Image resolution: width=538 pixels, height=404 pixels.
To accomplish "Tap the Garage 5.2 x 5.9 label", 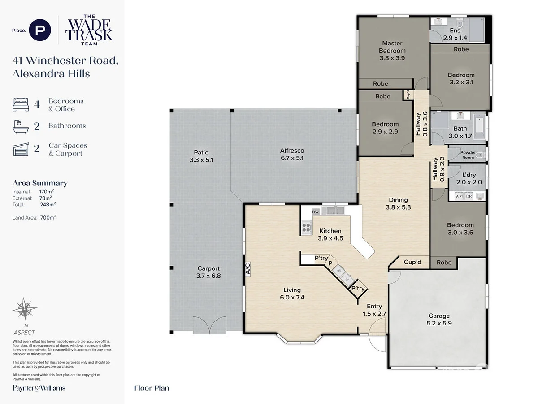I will [x=438, y=319].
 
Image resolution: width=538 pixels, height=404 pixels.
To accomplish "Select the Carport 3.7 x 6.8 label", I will [x=208, y=272].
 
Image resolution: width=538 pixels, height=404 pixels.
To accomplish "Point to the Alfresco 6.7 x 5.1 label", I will [x=292, y=155].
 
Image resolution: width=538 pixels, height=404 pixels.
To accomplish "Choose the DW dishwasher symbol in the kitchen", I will [x=315, y=211].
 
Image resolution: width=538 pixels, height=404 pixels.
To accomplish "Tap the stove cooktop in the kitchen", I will [x=307, y=228].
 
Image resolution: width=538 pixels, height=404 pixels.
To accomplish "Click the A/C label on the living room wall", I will [x=247, y=268].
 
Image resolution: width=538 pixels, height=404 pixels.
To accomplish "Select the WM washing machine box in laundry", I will [x=459, y=196].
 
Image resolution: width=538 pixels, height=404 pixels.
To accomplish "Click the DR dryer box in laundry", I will [x=469, y=196].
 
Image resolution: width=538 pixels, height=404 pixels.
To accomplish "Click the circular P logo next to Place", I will [x=40, y=31].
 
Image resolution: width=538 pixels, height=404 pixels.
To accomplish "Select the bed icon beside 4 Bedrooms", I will [x=21, y=105].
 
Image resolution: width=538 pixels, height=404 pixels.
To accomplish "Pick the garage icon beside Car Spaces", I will [x=21, y=149].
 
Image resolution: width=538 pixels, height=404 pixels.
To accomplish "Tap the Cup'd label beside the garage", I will [x=412, y=262].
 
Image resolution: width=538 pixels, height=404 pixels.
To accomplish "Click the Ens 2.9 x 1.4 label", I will [x=455, y=34].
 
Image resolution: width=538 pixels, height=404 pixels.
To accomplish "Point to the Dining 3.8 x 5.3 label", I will [x=398, y=203].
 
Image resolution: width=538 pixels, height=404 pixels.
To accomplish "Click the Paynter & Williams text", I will [x=39, y=388].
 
